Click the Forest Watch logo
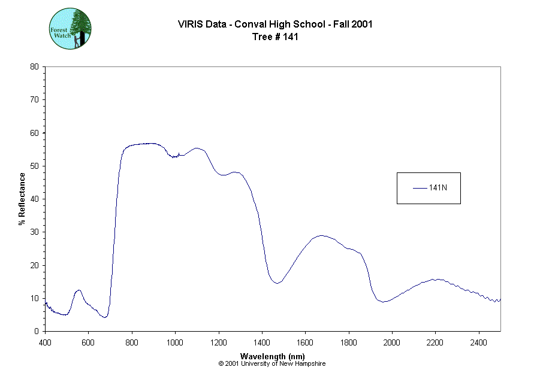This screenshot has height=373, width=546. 70,28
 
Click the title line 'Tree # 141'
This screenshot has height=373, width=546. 275,37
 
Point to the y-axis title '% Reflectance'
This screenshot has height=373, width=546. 22,199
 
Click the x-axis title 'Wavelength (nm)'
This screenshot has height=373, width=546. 273,356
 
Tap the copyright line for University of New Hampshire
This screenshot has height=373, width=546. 273,363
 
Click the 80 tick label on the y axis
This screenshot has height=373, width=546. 34,66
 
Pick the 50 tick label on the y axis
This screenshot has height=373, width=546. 34,166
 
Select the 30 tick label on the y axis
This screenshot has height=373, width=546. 34,232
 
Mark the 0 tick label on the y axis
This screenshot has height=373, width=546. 37,331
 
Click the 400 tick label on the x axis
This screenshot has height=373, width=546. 45,342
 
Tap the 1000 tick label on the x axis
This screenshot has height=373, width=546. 175,342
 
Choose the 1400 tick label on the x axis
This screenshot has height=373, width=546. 262,342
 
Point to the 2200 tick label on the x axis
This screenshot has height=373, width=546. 435,342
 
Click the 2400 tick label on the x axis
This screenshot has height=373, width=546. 478,342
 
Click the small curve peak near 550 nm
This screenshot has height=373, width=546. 78,290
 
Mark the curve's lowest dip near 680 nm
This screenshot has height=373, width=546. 105,317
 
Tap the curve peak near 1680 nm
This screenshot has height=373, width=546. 322,235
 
